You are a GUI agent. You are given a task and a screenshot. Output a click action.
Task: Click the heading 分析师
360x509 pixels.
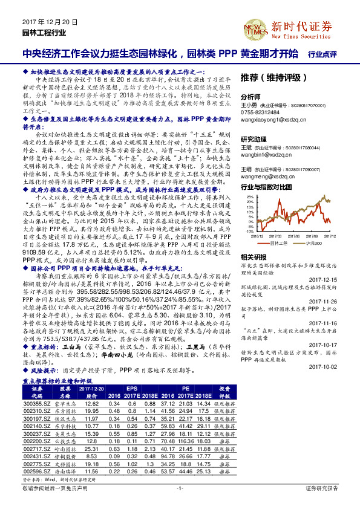click(251, 97)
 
